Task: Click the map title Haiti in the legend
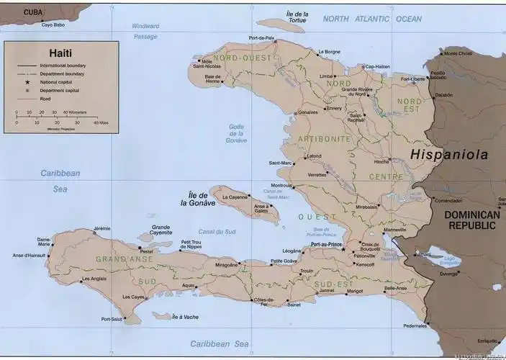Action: coord(60,53)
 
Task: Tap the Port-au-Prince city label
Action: coord(325,246)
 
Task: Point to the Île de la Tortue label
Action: coord(297,17)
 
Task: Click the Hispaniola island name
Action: coord(449,155)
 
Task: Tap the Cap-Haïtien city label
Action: coord(378,66)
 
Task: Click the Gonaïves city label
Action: coord(308,112)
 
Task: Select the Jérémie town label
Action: coord(102,229)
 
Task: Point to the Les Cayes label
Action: coord(134,297)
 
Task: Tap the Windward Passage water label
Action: coord(145,31)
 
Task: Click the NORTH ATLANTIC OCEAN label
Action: coord(372,19)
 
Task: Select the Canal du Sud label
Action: coord(217,231)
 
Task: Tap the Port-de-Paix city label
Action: coord(261,37)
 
